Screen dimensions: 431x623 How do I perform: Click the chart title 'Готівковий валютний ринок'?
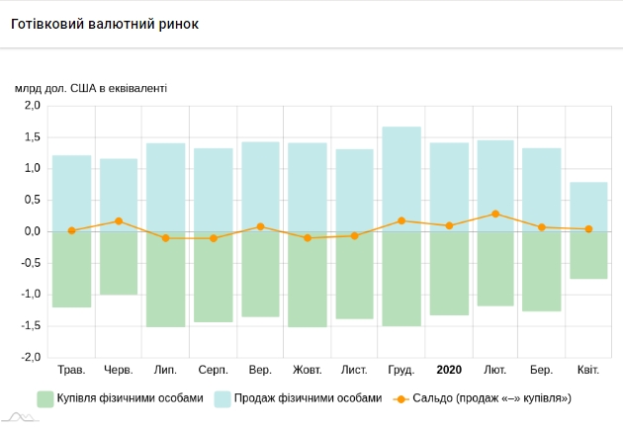pyautogui.click(x=105, y=24)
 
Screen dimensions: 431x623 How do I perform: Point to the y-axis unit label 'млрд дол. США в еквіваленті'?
pyautogui.click(x=91, y=87)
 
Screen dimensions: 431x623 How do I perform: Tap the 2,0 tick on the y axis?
pyautogui.click(x=32, y=105)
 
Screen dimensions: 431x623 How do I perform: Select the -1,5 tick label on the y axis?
pyautogui.click(x=30, y=325)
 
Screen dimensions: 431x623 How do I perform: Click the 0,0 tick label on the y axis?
pyautogui.click(x=32, y=231)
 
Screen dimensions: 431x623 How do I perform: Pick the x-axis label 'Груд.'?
pyautogui.click(x=401, y=370)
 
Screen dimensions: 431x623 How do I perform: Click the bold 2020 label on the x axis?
pyautogui.click(x=448, y=370)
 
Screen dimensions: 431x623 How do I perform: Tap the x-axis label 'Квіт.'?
pyautogui.click(x=589, y=370)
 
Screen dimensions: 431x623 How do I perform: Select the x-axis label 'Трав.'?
pyautogui.click(x=72, y=370)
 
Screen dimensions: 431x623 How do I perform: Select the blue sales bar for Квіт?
pyautogui.click(x=589, y=206)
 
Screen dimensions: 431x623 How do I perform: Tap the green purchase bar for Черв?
pyautogui.click(x=119, y=263)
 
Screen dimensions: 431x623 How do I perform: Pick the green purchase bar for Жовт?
pyautogui.click(x=308, y=279)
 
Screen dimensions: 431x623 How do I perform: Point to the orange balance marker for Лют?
pyautogui.click(x=495, y=214)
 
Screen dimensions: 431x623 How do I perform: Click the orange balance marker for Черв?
pyautogui.click(x=119, y=221)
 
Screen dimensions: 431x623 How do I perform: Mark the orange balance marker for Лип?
pyautogui.click(x=166, y=238)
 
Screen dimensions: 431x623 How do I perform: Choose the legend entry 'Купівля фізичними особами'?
pyautogui.click(x=120, y=398)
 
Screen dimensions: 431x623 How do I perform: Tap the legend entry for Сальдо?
pyautogui.click(x=484, y=398)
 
